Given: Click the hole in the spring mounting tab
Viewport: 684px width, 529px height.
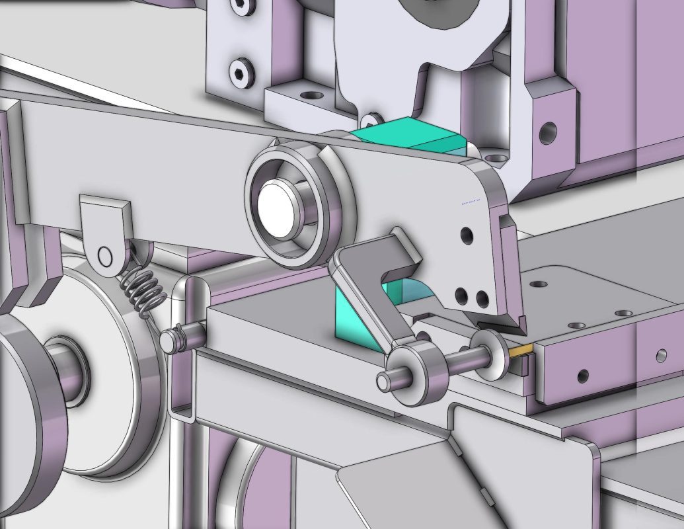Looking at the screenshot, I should point(104,255).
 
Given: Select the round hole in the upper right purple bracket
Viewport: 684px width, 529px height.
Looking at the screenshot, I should point(547,132).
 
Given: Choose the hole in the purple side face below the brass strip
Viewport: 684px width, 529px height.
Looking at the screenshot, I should point(582,376).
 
